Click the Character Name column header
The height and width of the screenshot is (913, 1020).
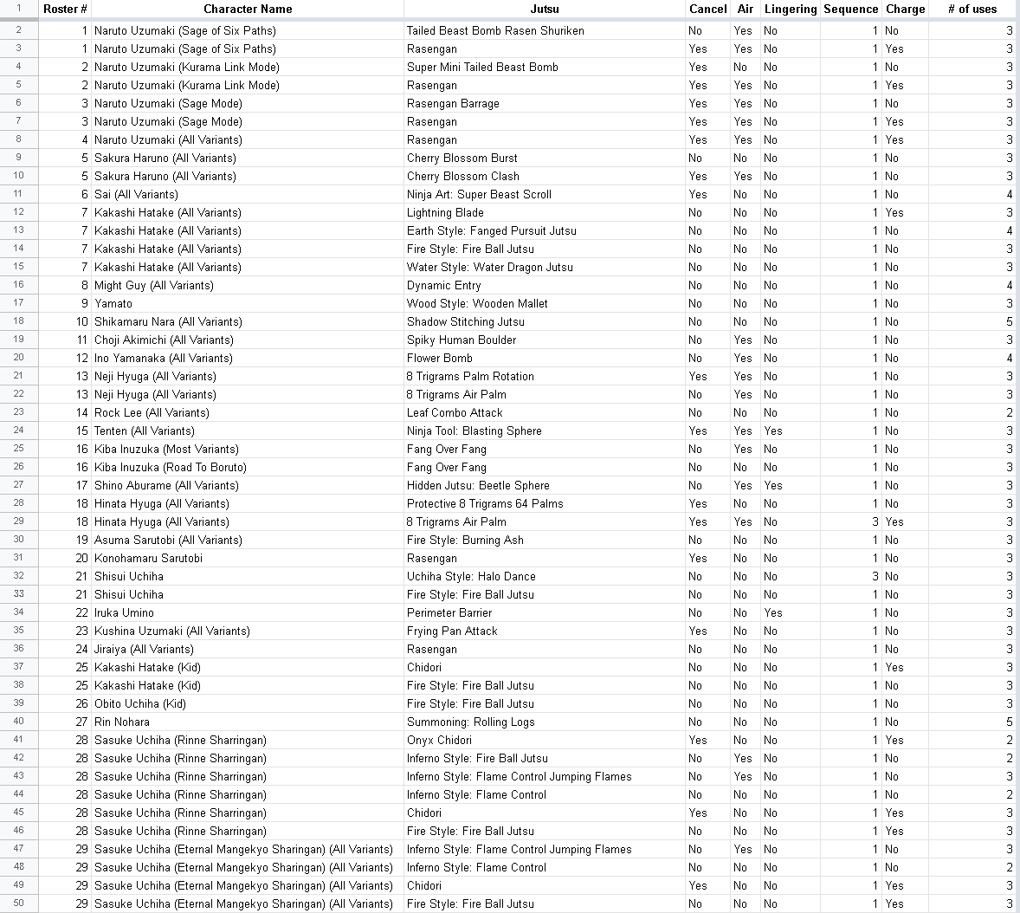pyautogui.click(x=248, y=9)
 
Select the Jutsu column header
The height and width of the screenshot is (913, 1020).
pyautogui.click(x=545, y=9)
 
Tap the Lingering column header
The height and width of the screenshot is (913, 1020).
pyautogui.click(x=790, y=9)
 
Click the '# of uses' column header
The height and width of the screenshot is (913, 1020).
pyautogui.click(x=972, y=9)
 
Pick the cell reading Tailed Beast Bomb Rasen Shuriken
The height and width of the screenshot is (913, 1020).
pyautogui.click(x=495, y=30)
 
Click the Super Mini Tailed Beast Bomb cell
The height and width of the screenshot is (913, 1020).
pyautogui.click(x=482, y=67)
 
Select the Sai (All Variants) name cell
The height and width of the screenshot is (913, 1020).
pyautogui.click(x=136, y=194)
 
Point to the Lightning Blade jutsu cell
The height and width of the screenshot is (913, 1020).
pyautogui.click(x=445, y=212)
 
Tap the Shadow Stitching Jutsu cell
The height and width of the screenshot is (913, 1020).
pyautogui.click(x=466, y=321)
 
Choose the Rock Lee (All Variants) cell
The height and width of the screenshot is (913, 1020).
pyautogui.click(x=152, y=412)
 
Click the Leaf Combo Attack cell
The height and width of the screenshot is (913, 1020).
pyautogui.click(x=455, y=412)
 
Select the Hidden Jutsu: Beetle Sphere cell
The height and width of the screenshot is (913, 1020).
pyautogui.click(x=478, y=485)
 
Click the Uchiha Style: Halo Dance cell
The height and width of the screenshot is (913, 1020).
pyautogui.click(x=471, y=576)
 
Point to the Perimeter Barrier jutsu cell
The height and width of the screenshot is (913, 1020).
pyautogui.click(x=449, y=612)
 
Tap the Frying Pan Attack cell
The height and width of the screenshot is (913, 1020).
pyautogui.click(x=452, y=631)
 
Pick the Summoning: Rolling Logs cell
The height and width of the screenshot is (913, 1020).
pyautogui.click(x=471, y=722)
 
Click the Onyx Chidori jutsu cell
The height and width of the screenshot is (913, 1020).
pyautogui.click(x=439, y=740)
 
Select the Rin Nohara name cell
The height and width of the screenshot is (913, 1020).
pyautogui.click(x=122, y=722)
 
